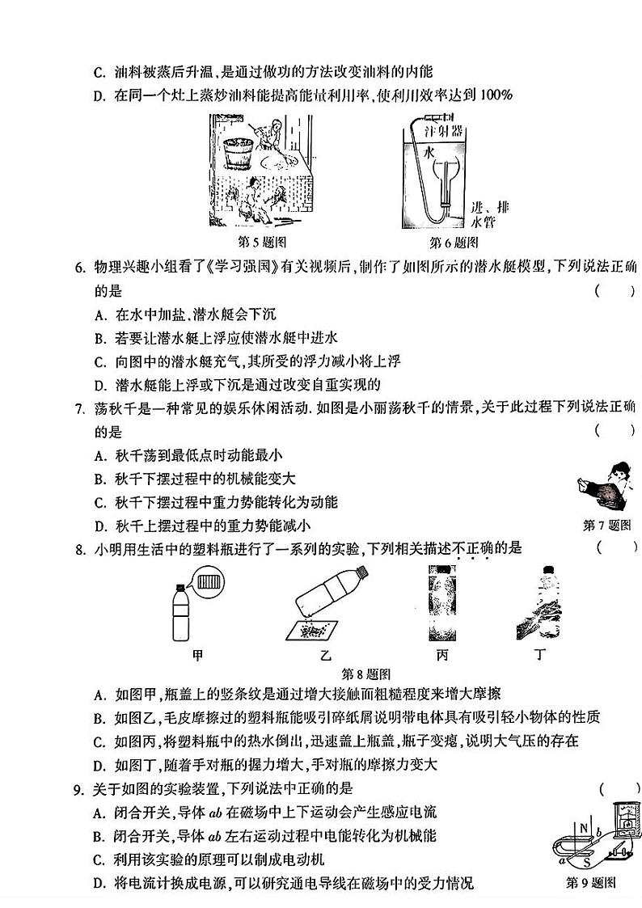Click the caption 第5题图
point(260,242)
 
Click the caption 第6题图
point(453,243)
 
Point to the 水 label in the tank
point(429,151)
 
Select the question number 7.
point(79,408)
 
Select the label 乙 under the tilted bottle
point(326,656)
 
